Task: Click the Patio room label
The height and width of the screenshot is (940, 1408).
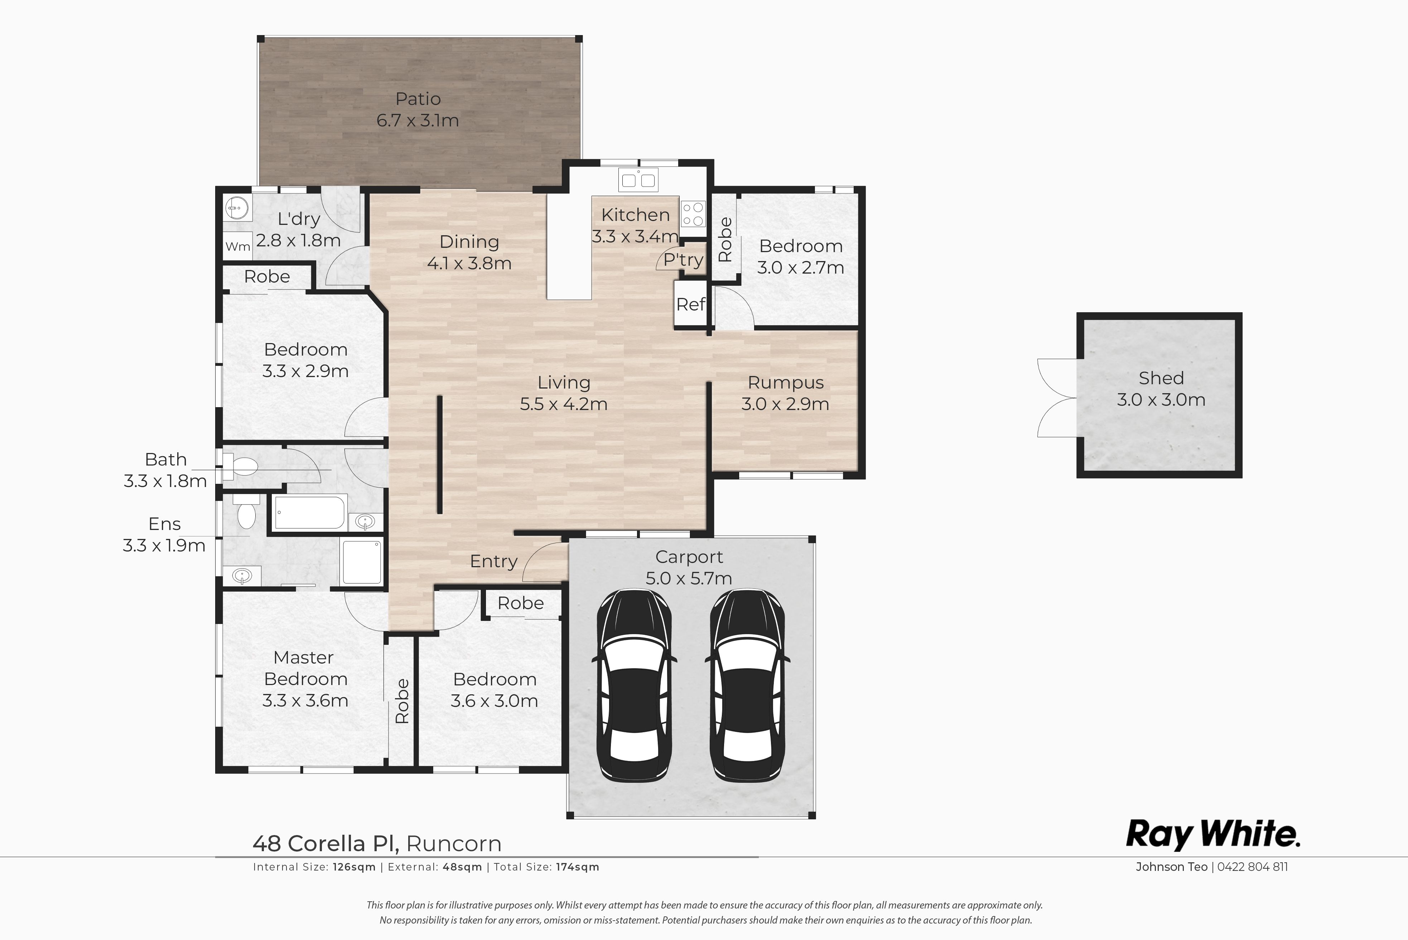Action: (x=418, y=99)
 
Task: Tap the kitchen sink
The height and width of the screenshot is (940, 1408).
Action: (x=638, y=179)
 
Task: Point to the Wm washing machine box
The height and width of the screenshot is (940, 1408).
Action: (x=237, y=246)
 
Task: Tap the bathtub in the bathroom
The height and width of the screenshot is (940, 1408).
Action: (x=310, y=512)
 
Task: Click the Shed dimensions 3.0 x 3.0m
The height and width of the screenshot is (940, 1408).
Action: (x=1161, y=400)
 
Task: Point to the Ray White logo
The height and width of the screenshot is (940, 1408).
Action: (x=1212, y=834)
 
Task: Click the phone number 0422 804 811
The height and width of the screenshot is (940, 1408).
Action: (x=1252, y=867)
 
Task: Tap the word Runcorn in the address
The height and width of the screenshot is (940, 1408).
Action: (x=454, y=843)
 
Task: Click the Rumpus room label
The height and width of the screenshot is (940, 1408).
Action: (x=786, y=382)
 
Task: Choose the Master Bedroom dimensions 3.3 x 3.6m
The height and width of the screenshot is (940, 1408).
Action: (x=305, y=700)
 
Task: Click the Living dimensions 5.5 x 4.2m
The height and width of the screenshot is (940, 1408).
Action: (x=563, y=404)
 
